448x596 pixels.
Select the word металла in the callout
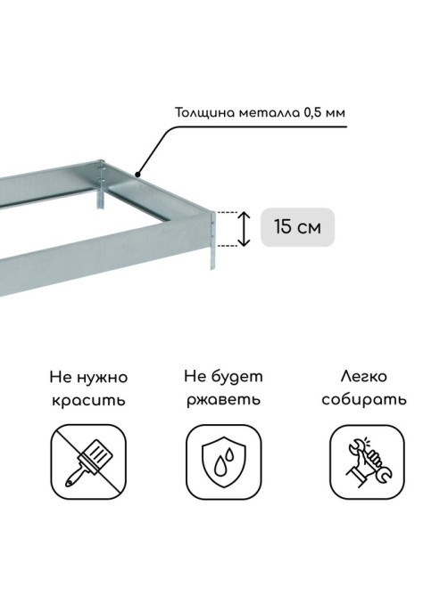(x=270, y=113)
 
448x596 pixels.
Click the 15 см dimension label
(x=297, y=227)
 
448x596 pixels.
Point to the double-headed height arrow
(x=244, y=229)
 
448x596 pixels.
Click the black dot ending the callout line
(x=137, y=175)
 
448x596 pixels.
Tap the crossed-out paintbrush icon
(x=88, y=461)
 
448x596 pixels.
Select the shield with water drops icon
(x=224, y=461)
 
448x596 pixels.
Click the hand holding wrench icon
(x=367, y=461)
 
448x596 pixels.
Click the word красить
(x=88, y=400)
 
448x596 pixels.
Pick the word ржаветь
(x=224, y=400)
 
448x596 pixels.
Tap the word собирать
(x=364, y=400)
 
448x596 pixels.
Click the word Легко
(x=364, y=377)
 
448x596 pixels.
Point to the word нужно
(x=102, y=379)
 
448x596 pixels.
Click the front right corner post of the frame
(x=213, y=241)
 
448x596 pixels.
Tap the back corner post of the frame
(x=101, y=184)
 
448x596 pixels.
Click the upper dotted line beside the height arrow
(x=228, y=212)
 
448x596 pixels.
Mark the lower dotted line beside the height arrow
(x=228, y=246)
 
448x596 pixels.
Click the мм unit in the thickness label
(x=336, y=114)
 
